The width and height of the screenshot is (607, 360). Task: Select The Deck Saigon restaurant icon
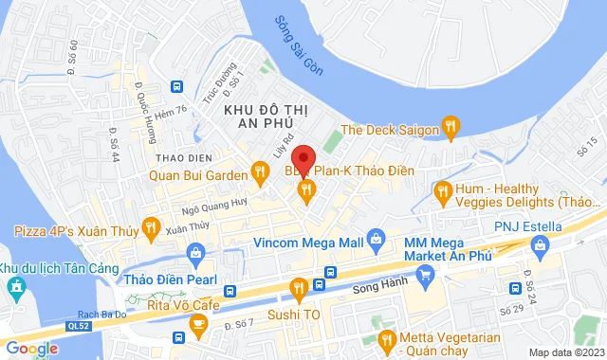coord(451,129)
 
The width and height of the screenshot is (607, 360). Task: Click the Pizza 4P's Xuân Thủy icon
coord(150,226)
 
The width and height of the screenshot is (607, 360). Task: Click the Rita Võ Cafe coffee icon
coord(199,325)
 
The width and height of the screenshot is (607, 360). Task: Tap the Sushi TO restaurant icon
coord(298,286)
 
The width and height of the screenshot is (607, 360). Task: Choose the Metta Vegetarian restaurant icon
coord(386,339)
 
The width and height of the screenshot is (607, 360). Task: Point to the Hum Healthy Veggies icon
coord(442,192)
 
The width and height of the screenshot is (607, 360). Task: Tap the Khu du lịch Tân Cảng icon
coord(15,285)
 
